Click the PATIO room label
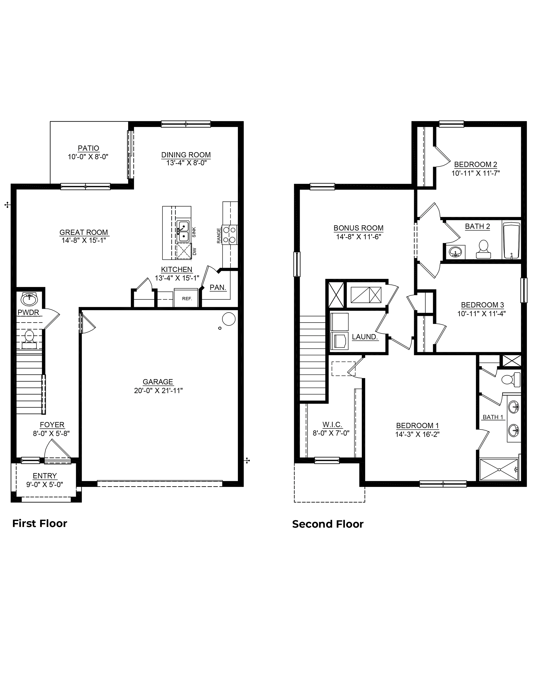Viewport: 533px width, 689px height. [x=88, y=148]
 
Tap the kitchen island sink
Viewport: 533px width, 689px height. [x=183, y=231]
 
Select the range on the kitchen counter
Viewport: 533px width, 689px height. [x=230, y=234]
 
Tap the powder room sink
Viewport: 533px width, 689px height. [x=29, y=299]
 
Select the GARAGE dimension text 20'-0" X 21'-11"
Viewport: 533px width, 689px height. [x=158, y=391]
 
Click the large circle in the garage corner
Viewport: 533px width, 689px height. [x=229, y=319]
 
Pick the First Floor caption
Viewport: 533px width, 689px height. [x=40, y=523]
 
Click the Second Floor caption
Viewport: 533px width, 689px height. [x=328, y=524]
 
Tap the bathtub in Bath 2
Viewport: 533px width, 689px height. [x=511, y=240]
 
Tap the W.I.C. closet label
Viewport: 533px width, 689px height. [x=332, y=425]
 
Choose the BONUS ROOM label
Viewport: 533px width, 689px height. [x=359, y=228]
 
